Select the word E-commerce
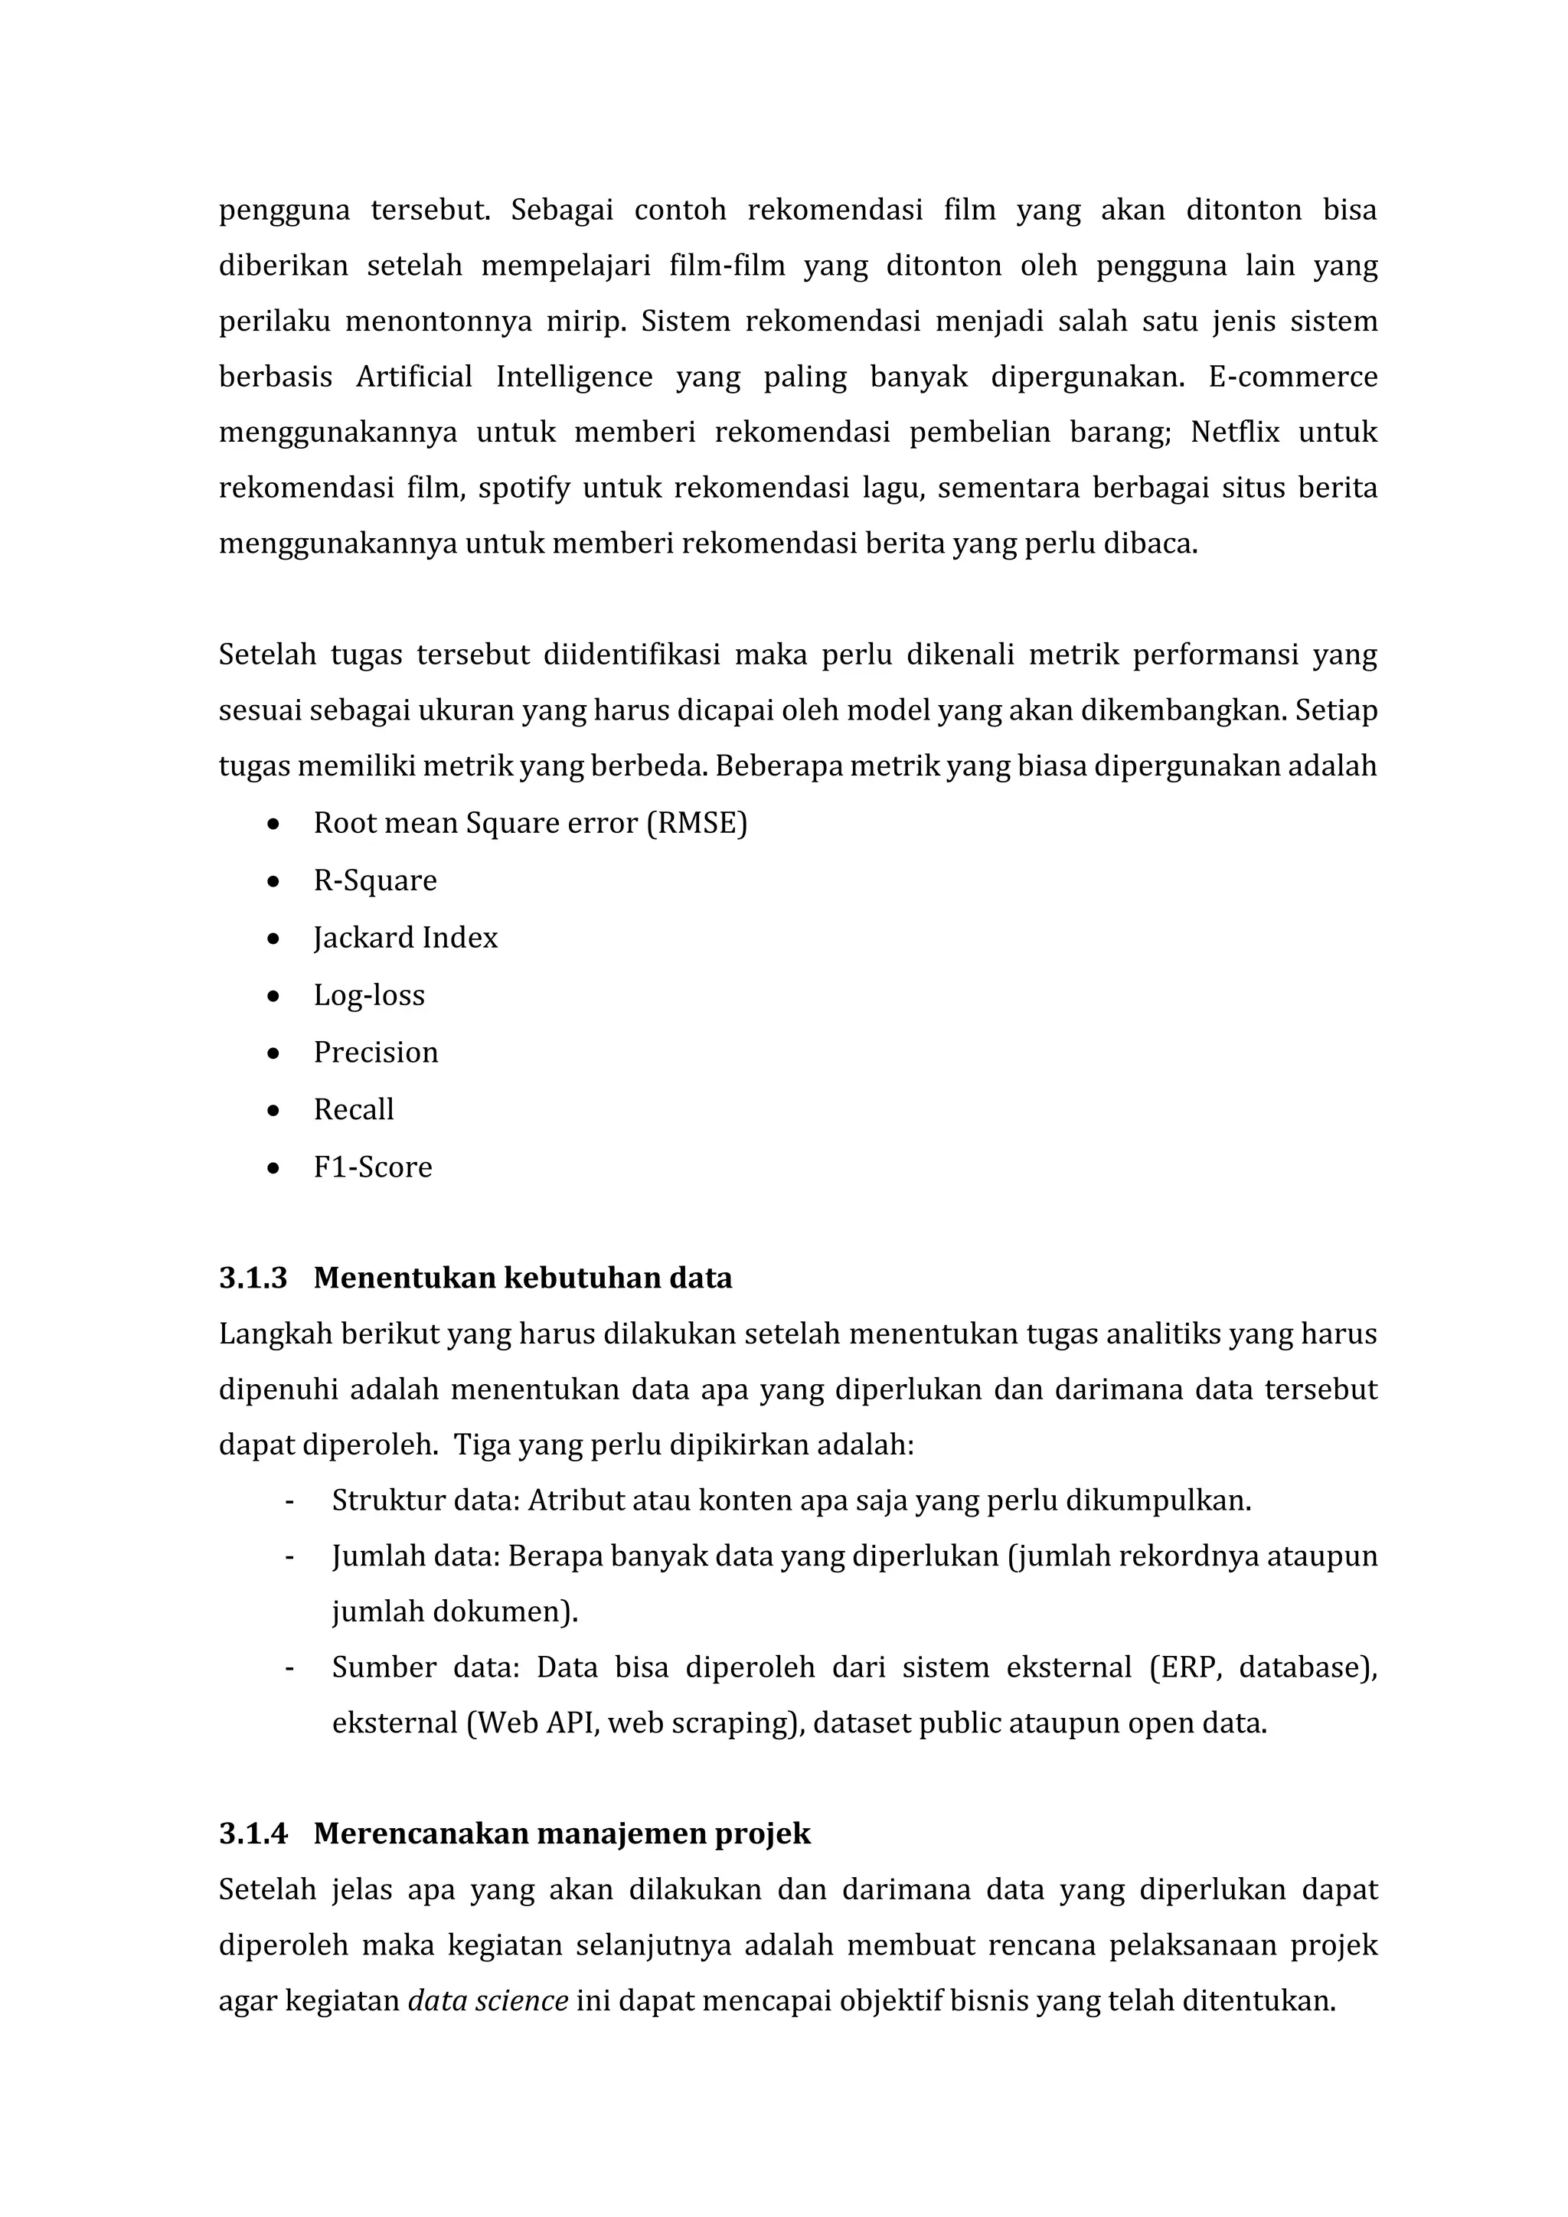1292,377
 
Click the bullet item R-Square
374,880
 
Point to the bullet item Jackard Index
406,938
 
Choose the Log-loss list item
369,995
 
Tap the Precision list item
376,1053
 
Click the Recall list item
354,1109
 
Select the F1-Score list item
373,1167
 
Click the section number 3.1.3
253,1278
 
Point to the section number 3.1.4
253,1833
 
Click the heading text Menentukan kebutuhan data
522,1278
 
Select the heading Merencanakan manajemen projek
562,1833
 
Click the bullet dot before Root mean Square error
274,824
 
